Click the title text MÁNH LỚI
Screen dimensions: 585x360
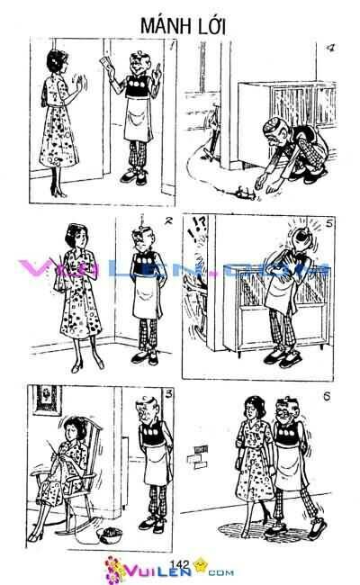tap(180, 26)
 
